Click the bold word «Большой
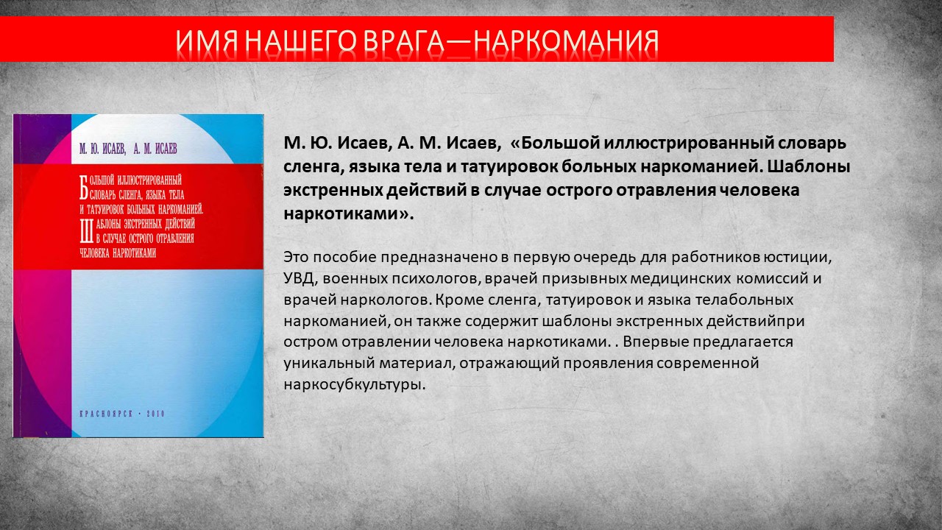[555, 143]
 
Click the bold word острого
[585, 191]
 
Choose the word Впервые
[654, 342]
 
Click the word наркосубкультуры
[355, 385]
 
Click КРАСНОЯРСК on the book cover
[106, 414]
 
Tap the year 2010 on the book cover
[155, 414]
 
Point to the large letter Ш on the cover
[86, 231]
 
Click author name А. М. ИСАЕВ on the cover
[155, 149]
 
